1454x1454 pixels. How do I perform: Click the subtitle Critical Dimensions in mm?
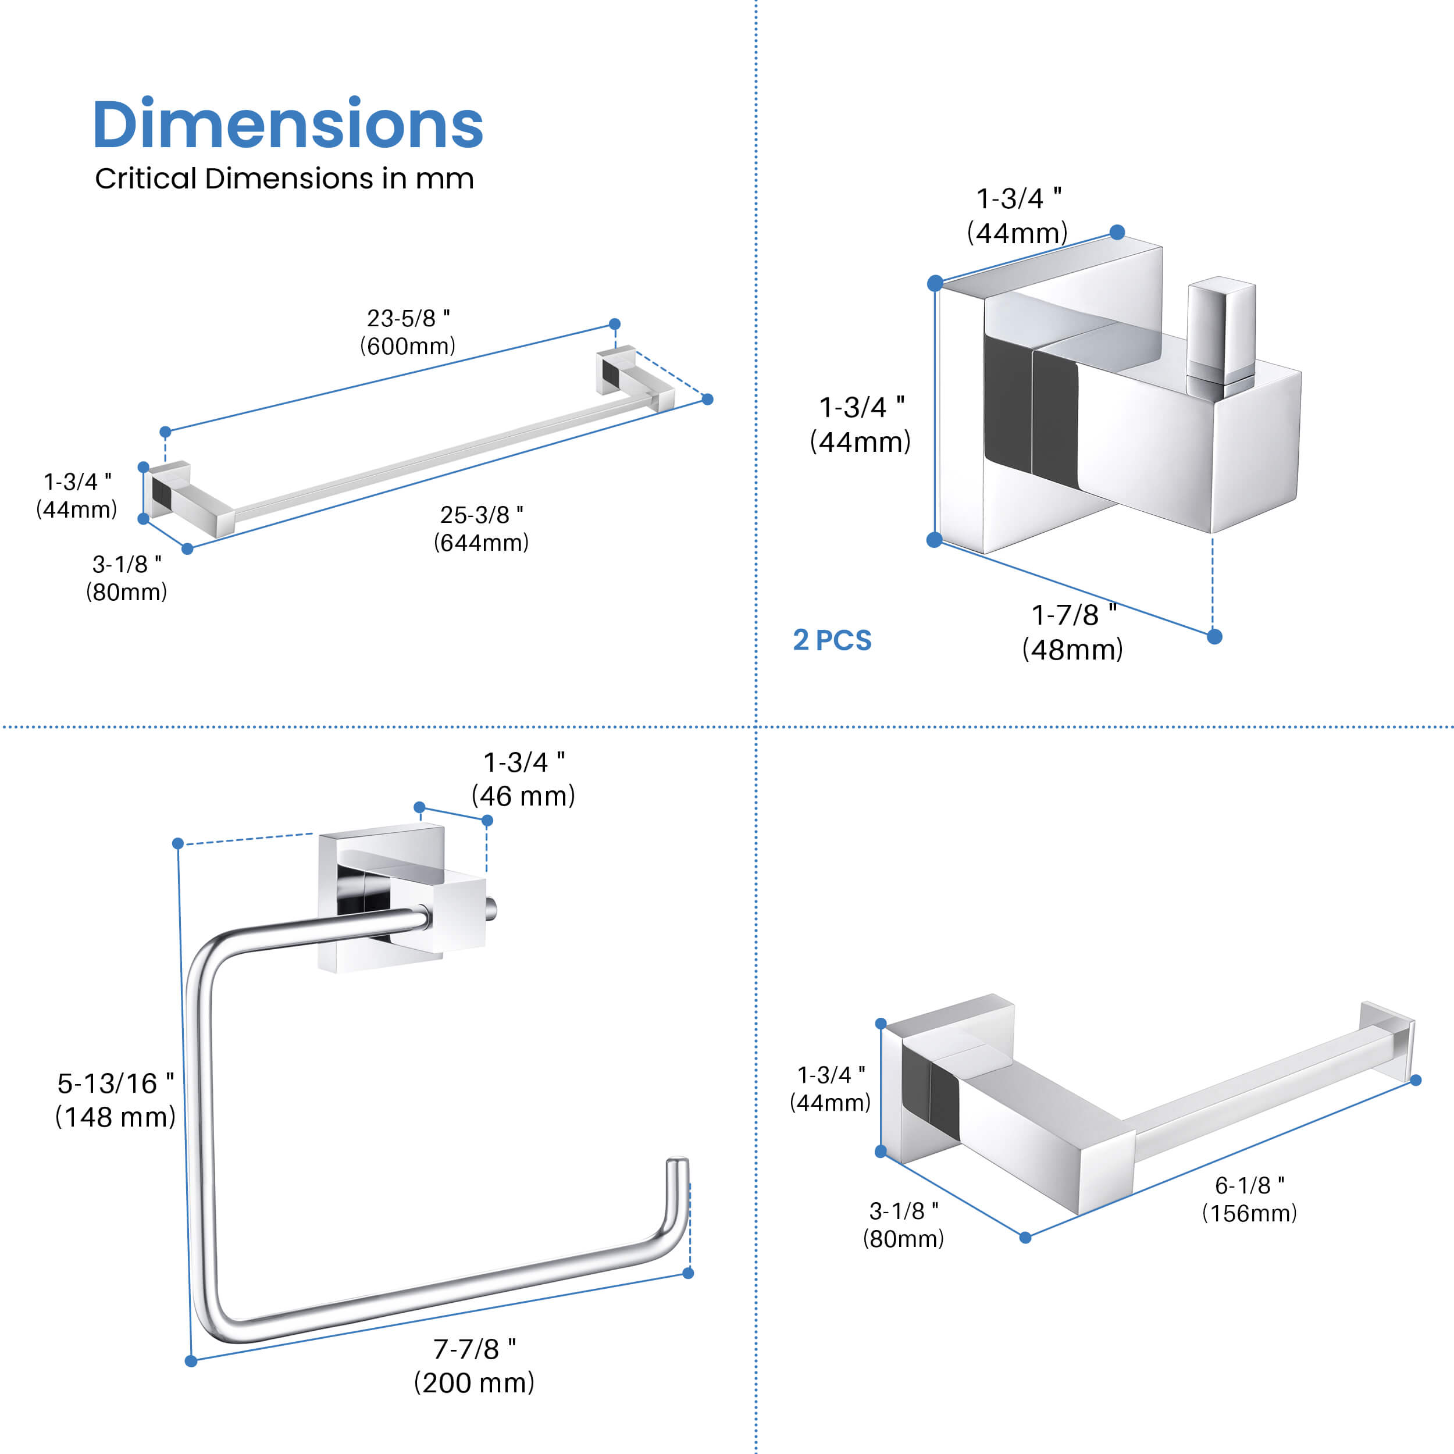[x=284, y=179]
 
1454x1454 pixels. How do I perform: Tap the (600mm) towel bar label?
[x=407, y=346]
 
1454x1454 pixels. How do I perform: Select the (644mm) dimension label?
[x=481, y=543]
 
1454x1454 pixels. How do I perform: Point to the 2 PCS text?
[x=832, y=640]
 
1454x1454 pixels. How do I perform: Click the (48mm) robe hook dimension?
[x=1072, y=650]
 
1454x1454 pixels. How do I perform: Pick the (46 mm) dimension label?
[x=523, y=796]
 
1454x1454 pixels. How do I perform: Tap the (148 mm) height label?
[x=115, y=1117]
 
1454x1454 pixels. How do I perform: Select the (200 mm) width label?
[x=474, y=1382]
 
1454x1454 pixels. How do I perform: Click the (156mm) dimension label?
[x=1249, y=1213]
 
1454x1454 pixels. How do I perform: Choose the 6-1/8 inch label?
[x=1249, y=1185]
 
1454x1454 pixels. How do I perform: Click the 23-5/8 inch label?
[x=408, y=318]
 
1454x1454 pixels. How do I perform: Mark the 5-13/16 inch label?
[x=115, y=1084]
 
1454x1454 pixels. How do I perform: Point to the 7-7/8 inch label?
[x=474, y=1349]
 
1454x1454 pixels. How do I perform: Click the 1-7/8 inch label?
[x=1073, y=615]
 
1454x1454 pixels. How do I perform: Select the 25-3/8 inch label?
[x=482, y=515]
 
